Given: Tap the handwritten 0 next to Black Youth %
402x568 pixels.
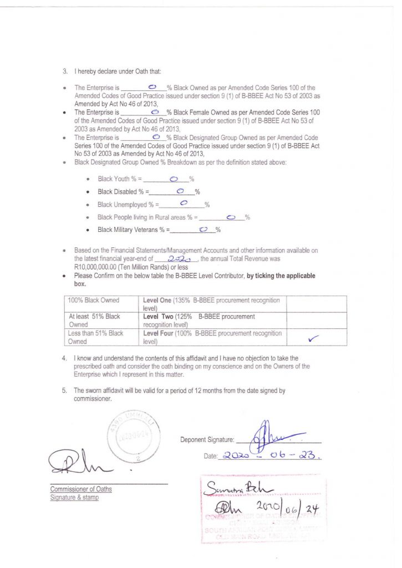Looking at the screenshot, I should tap(174, 179).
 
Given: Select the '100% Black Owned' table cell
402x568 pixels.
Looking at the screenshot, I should tap(93, 300).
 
